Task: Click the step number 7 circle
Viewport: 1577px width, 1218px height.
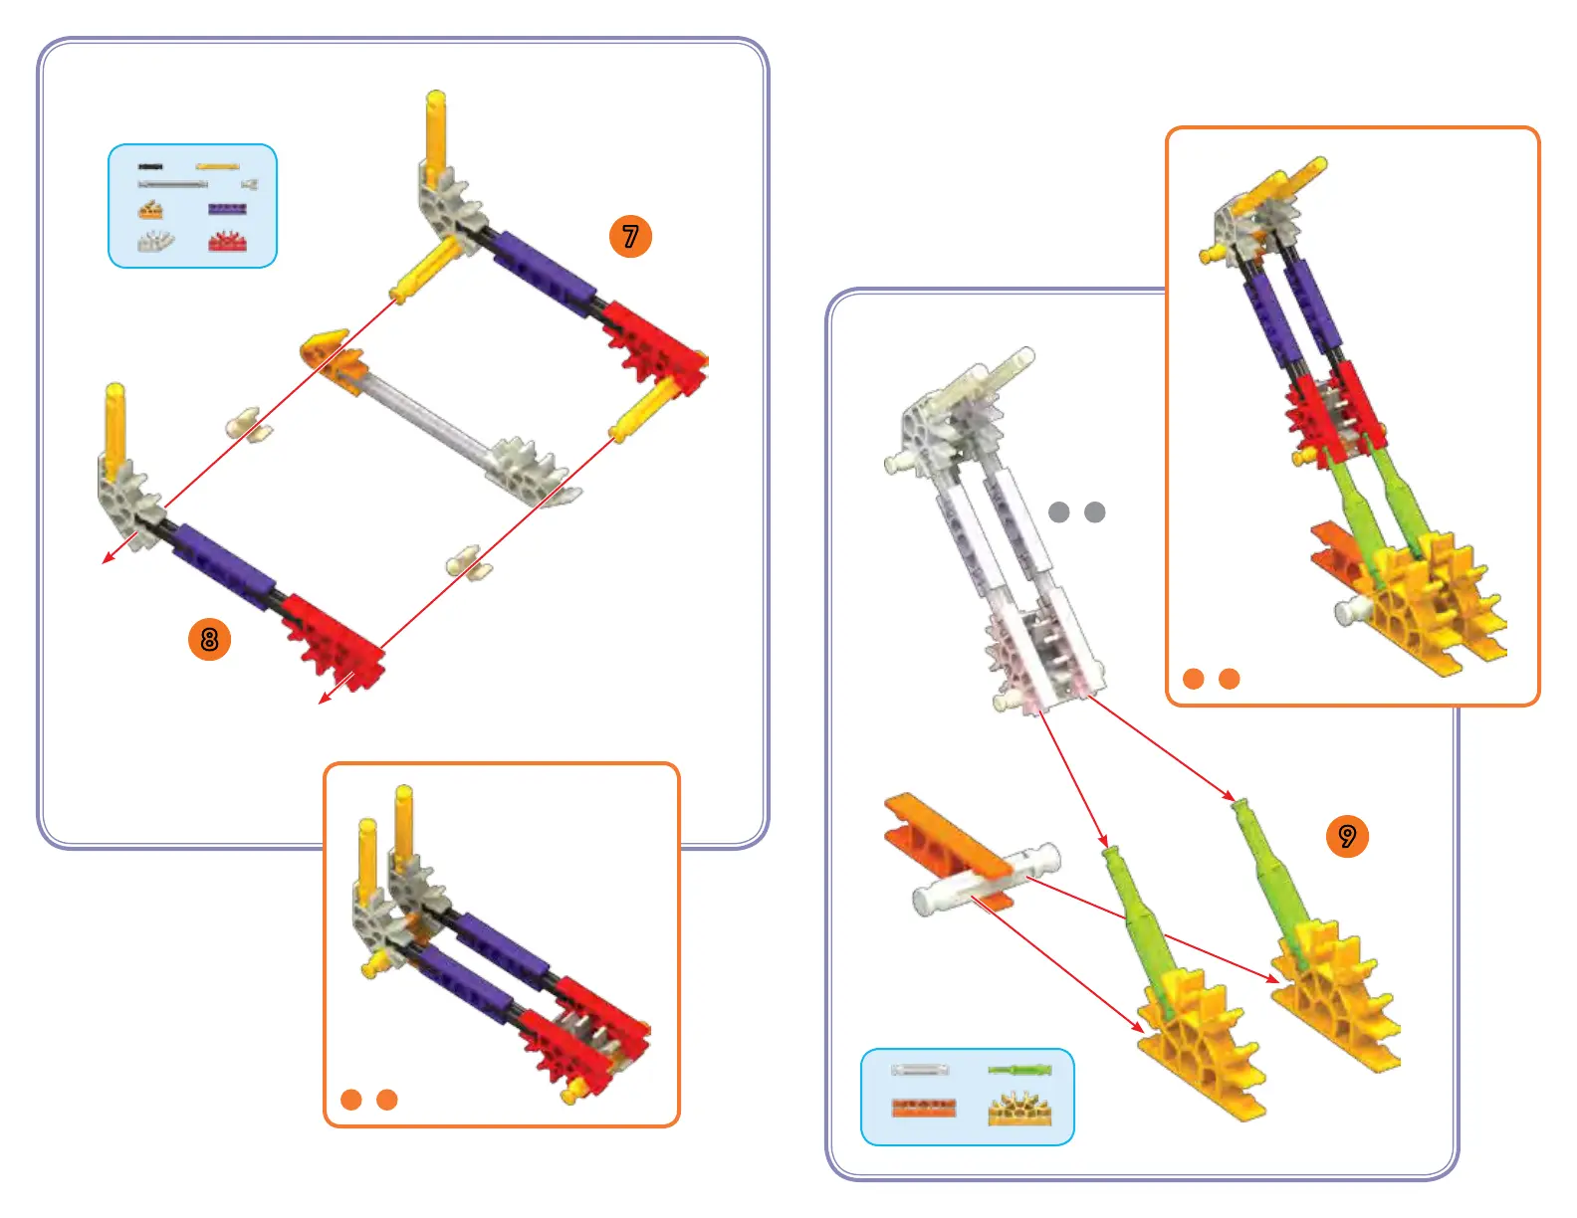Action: (630, 237)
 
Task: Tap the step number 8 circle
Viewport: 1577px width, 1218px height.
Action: (209, 639)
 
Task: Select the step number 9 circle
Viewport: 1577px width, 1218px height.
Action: (1347, 836)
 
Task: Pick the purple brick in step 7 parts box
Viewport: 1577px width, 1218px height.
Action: (227, 209)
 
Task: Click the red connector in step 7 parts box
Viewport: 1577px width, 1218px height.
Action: (228, 242)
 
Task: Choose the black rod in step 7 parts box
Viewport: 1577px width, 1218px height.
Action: (150, 167)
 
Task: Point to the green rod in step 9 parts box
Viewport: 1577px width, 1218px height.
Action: (1019, 1070)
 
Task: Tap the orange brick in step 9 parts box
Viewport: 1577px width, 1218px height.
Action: (924, 1108)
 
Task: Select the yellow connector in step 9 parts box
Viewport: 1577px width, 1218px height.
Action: (1019, 1110)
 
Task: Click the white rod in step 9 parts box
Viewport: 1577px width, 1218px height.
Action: (920, 1070)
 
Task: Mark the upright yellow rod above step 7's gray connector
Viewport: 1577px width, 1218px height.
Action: (436, 129)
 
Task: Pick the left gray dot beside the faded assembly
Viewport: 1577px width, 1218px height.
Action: (1059, 511)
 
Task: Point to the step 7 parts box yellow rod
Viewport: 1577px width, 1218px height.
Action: (217, 167)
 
